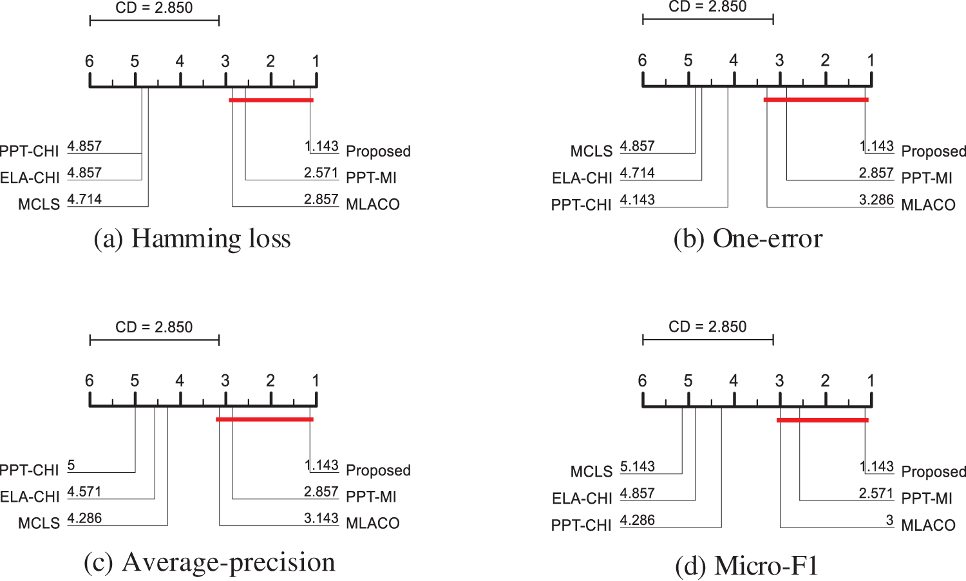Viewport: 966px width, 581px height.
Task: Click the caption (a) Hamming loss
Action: [192, 239]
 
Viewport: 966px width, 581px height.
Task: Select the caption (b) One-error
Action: [748, 239]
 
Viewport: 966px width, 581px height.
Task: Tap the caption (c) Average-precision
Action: [209, 562]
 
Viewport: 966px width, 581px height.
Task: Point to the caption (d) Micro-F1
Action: [746, 566]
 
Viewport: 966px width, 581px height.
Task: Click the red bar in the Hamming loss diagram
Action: [271, 100]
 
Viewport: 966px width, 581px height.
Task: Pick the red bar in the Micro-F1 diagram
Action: [822, 420]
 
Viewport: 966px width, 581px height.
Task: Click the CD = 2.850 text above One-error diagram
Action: [707, 7]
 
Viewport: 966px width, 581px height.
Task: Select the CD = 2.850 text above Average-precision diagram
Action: [154, 327]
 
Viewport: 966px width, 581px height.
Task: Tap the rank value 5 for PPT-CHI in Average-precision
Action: [71, 465]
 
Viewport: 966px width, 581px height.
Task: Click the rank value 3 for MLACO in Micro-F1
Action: [889, 520]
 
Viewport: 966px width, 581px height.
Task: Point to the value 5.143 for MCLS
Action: [637, 466]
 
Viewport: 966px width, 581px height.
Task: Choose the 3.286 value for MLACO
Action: [876, 200]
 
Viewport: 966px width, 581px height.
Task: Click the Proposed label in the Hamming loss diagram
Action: [378, 151]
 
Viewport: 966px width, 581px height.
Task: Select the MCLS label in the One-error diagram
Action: [591, 151]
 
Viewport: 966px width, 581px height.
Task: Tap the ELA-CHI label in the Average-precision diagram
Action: [30, 497]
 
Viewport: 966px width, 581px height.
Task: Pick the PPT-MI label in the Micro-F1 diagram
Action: [927, 498]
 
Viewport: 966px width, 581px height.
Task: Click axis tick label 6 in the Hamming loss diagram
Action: [90, 61]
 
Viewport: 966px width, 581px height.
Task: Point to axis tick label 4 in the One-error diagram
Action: [734, 61]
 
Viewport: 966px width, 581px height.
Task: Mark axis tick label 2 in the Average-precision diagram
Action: [270, 381]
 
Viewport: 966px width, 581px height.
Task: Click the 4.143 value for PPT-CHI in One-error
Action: [637, 200]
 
